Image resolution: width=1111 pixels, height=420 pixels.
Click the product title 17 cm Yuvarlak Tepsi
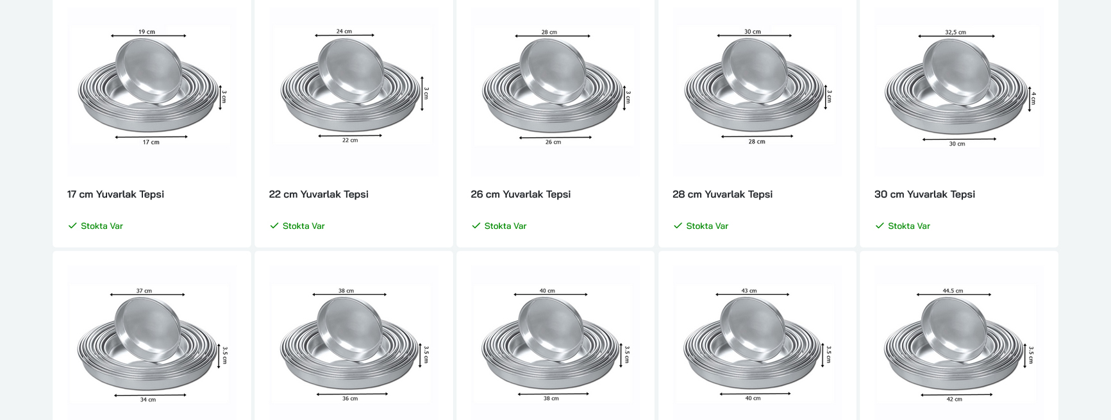tap(115, 194)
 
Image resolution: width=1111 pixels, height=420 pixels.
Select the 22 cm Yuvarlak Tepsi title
tap(319, 194)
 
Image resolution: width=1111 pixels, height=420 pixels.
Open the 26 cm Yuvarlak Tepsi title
tap(521, 194)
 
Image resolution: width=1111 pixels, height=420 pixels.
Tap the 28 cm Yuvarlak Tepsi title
tap(723, 194)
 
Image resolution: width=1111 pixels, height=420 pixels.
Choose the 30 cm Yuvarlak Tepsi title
tap(924, 194)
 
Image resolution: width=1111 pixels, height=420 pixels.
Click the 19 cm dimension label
tap(147, 31)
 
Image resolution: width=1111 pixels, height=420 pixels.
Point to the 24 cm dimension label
tap(344, 31)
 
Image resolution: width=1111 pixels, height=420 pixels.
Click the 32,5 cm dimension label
tap(955, 32)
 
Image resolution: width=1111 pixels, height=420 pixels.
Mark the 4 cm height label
tap(1033, 98)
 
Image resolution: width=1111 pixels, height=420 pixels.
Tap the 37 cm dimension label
tap(144, 290)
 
